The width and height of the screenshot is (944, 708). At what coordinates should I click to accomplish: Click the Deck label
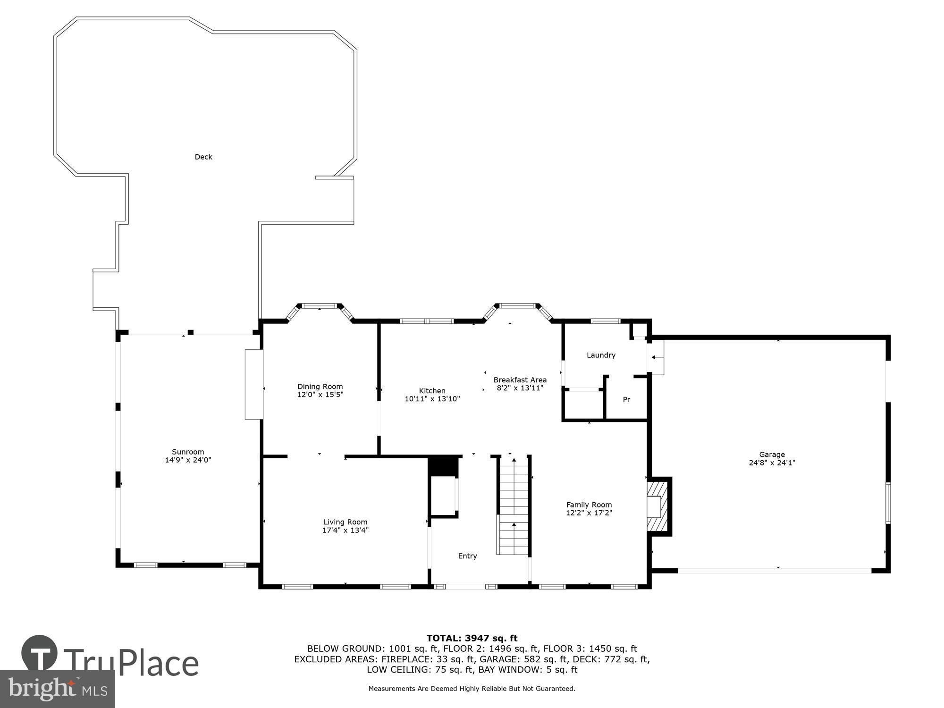pos(203,157)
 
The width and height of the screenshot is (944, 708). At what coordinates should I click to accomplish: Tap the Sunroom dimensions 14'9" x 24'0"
pos(188,460)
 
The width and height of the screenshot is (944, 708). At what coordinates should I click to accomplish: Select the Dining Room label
pos(320,387)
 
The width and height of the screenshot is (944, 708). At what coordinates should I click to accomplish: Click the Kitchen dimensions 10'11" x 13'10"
pos(432,399)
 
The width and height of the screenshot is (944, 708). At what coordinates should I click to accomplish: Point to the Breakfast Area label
pos(520,379)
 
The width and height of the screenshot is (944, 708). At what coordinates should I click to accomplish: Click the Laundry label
pos(601,355)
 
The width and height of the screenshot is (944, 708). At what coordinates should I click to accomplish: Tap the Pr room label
pos(626,399)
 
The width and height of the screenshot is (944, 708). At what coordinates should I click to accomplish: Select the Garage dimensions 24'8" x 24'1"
pos(772,463)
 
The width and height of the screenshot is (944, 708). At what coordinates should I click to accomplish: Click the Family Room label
pos(589,505)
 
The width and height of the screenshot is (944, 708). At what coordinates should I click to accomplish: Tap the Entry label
pos(467,556)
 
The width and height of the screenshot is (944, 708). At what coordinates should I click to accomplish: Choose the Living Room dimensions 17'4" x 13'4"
pos(345,530)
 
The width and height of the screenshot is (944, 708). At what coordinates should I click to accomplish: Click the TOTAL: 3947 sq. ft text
pos(472,639)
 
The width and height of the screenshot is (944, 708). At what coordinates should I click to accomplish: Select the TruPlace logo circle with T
pos(40,653)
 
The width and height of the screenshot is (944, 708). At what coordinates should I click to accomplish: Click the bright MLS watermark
pos(58,690)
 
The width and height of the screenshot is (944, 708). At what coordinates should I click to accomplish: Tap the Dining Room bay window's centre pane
pos(320,306)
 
